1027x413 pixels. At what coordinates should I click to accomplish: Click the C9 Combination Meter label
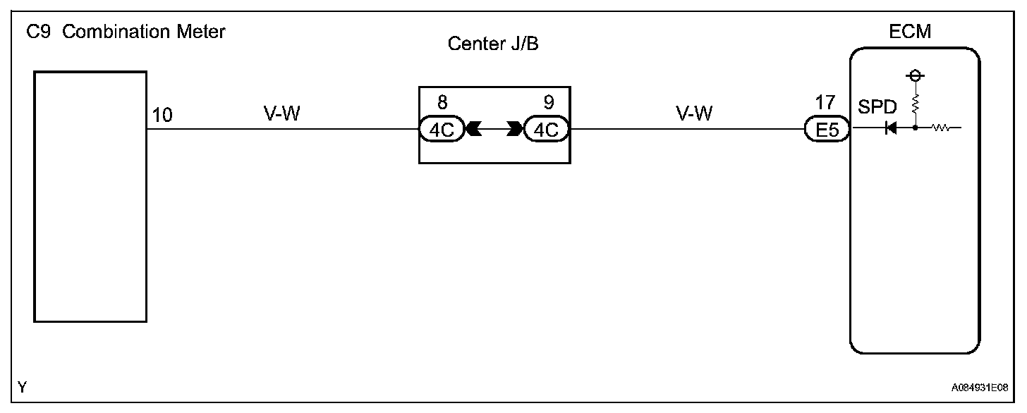point(126,32)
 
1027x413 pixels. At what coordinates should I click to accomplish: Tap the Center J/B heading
point(498,44)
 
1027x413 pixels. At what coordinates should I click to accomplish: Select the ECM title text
point(911,32)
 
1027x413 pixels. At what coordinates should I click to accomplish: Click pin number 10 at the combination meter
point(162,115)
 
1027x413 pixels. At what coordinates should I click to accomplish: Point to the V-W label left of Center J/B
point(281,113)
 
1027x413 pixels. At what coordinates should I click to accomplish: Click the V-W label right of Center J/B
point(694,113)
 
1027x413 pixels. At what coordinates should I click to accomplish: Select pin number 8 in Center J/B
point(442,103)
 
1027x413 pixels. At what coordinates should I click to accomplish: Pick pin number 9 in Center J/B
point(549,103)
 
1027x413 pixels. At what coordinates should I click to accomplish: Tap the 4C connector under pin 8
point(441,130)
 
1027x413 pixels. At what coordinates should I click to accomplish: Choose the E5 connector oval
point(826,130)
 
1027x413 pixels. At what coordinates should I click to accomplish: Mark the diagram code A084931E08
point(979,388)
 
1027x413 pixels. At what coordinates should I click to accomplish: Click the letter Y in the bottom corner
point(23,387)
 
